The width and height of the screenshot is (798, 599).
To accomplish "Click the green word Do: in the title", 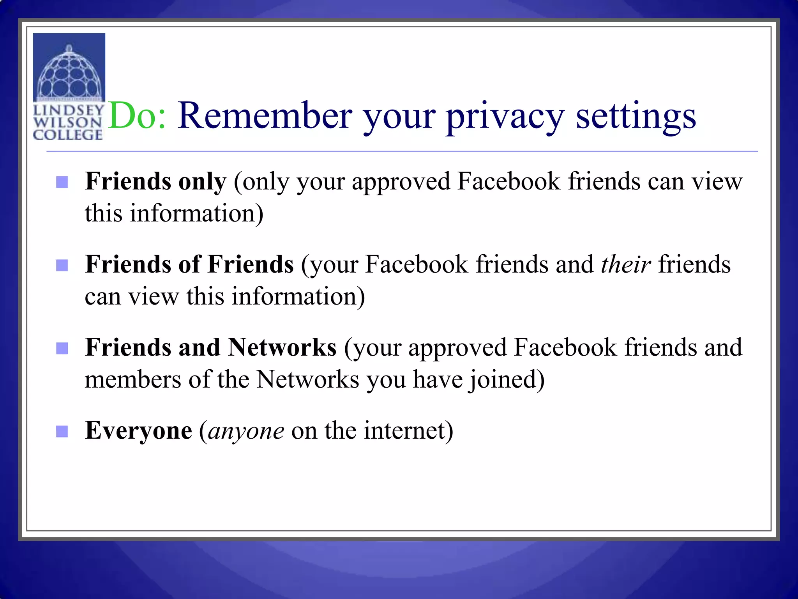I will (137, 116).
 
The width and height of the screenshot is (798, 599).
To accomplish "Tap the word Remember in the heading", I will (265, 116).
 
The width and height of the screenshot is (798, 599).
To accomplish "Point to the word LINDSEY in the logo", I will (69, 110).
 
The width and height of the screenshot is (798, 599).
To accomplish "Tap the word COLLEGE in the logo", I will (68, 135).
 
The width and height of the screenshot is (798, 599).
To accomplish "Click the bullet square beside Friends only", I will (62, 182).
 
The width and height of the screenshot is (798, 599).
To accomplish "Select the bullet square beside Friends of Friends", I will (62, 265).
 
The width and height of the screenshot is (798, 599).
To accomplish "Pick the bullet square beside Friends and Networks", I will (62, 348).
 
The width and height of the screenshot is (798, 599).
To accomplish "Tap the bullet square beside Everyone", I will (62, 431).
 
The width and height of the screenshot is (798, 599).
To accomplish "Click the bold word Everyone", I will (138, 431).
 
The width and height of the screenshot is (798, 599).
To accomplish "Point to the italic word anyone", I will (246, 432).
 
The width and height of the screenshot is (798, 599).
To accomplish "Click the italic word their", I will (626, 264).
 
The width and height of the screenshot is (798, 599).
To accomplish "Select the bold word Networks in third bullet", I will (282, 347).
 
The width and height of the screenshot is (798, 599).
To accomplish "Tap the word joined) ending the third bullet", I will (506, 380).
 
